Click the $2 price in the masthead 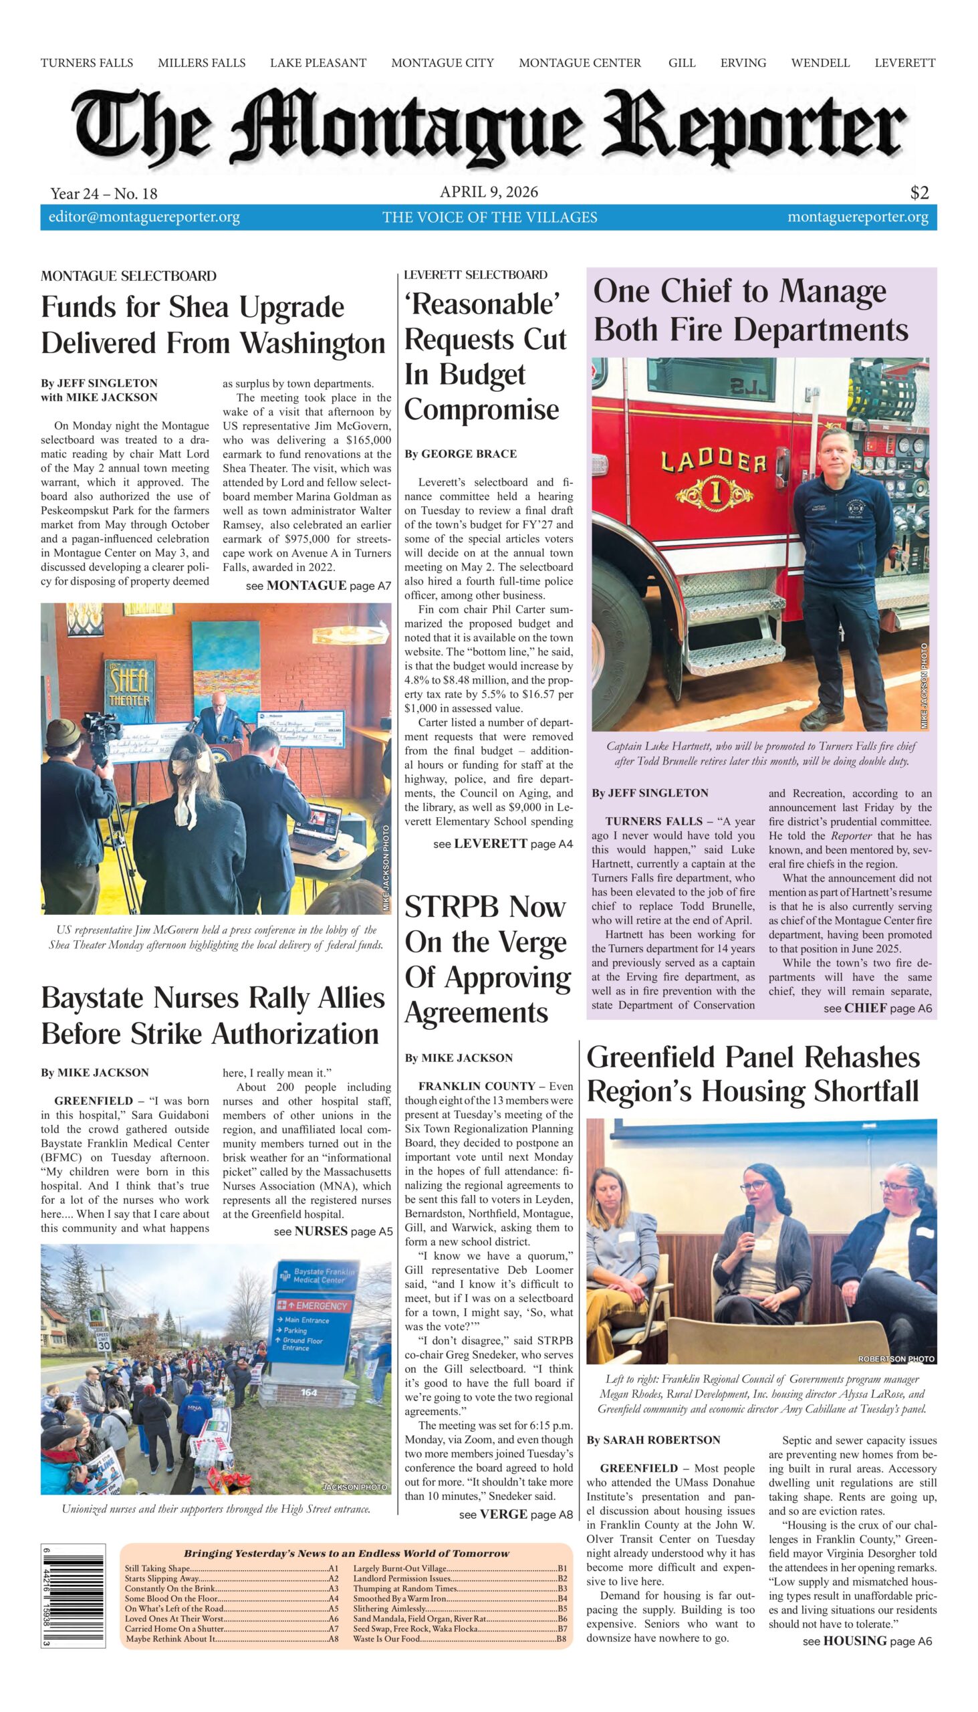919,193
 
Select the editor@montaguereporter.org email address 144,217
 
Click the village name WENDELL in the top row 820,63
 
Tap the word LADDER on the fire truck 713,461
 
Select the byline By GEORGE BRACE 460,454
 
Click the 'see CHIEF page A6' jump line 877,1008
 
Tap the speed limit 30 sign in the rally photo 103,1342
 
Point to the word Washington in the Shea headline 312,343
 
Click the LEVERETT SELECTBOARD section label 475,274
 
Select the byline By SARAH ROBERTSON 653,1440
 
